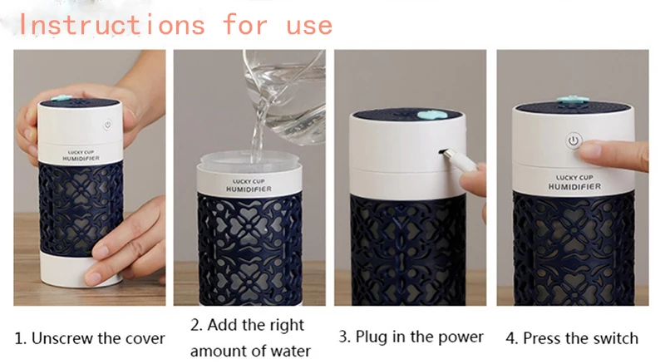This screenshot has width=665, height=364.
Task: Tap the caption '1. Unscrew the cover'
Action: click(90, 338)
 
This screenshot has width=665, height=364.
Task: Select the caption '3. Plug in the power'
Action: click(411, 337)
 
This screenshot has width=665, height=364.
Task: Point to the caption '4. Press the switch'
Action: click(572, 338)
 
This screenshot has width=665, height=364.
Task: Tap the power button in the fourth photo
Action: click(573, 141)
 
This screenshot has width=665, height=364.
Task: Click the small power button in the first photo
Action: click(107, 127)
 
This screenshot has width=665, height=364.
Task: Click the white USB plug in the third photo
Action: click(465, 163)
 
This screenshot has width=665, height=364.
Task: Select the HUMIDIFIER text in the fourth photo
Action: click(574, 187)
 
